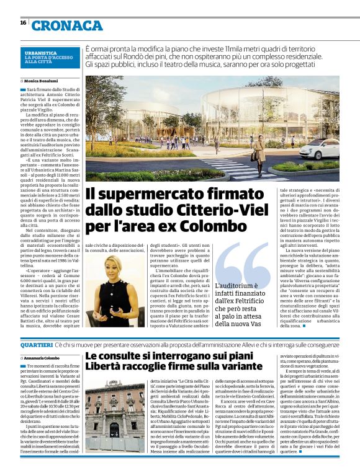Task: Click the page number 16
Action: pyautogui.click(x=22, y=22)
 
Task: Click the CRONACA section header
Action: pyautogui.click(x=67, y=25)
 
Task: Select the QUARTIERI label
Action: pyautogui.click(x=36, y=344)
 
